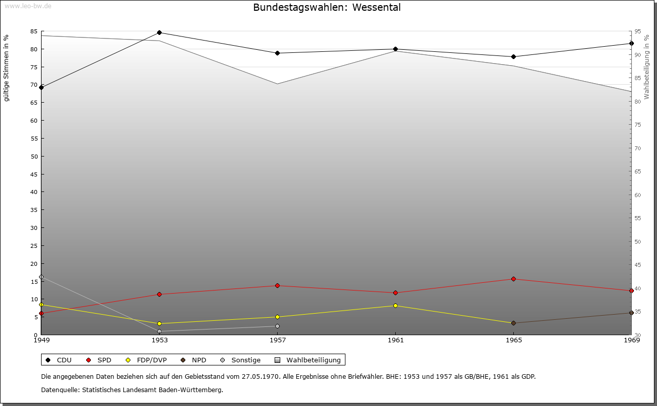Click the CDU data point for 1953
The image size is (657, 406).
click(159, 32)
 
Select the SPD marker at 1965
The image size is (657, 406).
click(513, 279)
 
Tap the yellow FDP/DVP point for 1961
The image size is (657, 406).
click(395, 306)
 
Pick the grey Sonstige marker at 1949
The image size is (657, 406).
click(42, 277)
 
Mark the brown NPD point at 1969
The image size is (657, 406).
click(631, 313)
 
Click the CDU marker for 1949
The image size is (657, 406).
click(42, 87)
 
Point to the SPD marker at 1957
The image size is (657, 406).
click(278, 286)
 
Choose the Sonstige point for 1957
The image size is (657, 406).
click(278, 326)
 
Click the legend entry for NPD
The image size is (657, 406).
click(194, 360)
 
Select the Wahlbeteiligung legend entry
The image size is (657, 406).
click(308, 360)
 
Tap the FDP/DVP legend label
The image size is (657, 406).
click(151, 360)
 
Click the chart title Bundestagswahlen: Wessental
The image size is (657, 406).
click(327, 7)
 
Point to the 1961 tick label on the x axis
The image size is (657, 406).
click(395, 340)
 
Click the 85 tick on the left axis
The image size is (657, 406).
click(34, 31)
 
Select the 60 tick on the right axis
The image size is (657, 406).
click(637, 195)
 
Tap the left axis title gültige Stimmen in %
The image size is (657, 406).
click(6, 68)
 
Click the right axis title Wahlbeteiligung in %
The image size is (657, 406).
click(646, 67)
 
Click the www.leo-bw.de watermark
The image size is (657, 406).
click(28, 6)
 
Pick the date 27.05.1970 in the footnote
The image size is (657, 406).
click(260, 376)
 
